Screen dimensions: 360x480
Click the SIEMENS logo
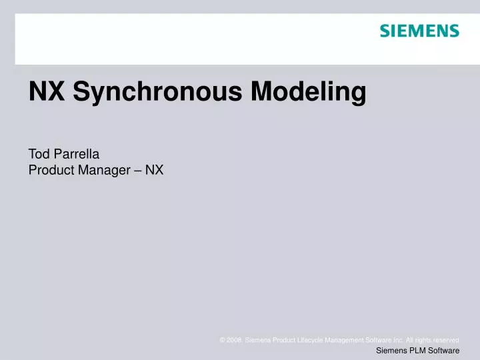tap(419, 31)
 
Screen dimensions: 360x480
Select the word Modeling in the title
tap(308, 93)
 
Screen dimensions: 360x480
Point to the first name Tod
tap(39, 155)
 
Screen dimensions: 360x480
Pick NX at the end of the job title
tap(155, 170)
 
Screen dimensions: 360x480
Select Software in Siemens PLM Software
tap(443, 351)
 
